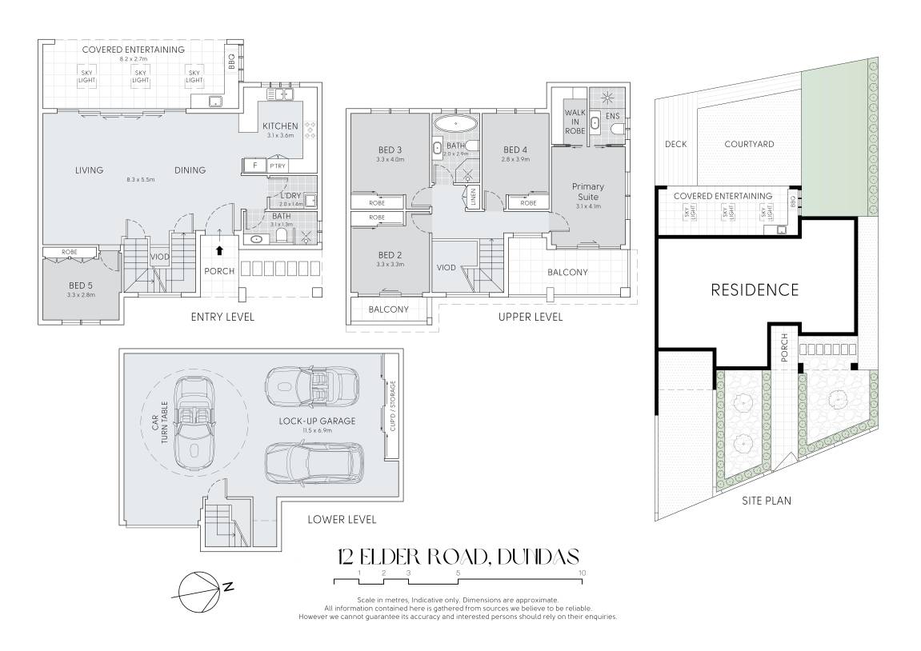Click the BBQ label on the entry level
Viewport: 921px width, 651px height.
[x=231, y=62]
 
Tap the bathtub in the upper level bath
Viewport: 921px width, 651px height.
[x=455, y=123]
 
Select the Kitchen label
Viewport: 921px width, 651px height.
[x=280, y=126]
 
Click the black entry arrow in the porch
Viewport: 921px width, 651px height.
[x=220, y=250]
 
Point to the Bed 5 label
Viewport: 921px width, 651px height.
[x=81, y=286]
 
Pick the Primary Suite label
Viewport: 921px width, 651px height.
[x=588, y=191]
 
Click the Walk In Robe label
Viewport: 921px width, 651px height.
[x=575, y=122]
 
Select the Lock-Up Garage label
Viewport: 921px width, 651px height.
[x=317, y=421]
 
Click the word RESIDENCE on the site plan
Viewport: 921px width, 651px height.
[x=755, y=290]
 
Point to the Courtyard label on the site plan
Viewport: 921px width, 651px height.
[x=749, y=144]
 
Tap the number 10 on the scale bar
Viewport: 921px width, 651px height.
[x=582, y=573]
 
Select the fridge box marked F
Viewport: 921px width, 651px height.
[x=254, y=166]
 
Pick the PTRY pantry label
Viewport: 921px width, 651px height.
[x=278, y=166]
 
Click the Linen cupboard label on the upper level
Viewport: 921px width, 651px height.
[x=473, y=198]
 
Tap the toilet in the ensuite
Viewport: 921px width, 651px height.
[x=616, y=129]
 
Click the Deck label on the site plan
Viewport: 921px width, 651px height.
[x=675, y=144]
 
